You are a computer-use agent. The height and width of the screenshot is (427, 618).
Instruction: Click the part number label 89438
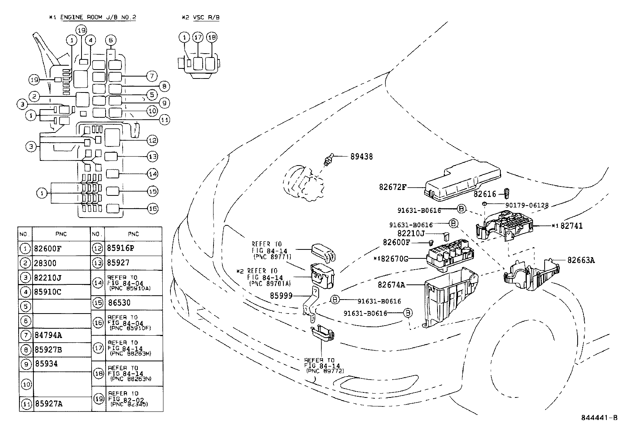(x=361, y=157)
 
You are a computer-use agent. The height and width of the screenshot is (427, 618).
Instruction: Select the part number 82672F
(x=393, y=187)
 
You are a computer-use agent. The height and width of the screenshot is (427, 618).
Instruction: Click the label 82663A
(x=581, y=260)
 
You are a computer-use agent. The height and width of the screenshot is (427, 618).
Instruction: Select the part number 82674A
(x=391, y=285)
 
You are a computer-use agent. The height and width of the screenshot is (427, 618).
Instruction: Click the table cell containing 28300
(x=45, y=263)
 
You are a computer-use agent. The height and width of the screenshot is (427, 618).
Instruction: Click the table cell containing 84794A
(x=48, y=335)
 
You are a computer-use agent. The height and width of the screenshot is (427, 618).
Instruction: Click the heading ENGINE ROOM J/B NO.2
(x=98, y=17)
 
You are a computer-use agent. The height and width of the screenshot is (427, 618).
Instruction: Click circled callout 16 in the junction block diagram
(x=153, y=209)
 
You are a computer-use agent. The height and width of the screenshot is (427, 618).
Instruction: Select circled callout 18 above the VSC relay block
(x=212, y=38)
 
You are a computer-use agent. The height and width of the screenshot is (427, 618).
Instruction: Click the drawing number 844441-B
(x=599, y=418)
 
